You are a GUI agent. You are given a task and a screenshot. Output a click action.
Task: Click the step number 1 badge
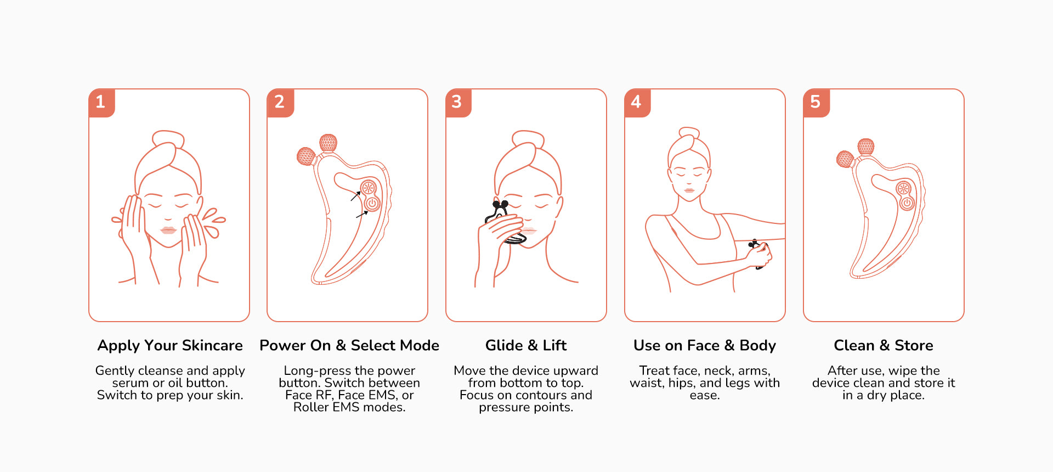[101, 103]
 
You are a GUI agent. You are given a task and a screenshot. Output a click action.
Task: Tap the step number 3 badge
[458, 103]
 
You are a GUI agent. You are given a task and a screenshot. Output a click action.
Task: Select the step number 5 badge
[816, 103]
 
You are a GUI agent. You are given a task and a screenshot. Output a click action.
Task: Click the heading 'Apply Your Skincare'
[170, 345]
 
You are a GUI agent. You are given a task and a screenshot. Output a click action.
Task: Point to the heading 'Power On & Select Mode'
[349, 345]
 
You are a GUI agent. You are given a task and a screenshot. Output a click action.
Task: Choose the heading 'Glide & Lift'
[526, 345]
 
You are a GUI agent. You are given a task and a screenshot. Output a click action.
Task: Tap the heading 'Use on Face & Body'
[705, 345]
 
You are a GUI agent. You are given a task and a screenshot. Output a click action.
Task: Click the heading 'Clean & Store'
[884, 345]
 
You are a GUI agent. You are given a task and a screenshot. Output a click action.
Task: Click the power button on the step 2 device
[372, 204]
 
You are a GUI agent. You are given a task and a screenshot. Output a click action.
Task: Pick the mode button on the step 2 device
[369, 188]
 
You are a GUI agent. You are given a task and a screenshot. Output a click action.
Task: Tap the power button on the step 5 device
[907, 204]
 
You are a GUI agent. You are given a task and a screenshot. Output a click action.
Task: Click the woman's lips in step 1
[168, 229]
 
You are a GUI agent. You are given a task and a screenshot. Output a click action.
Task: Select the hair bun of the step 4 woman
[689, 132]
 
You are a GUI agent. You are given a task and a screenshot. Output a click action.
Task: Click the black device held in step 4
[758, 254]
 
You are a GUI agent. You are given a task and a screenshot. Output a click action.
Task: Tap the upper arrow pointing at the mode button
[356, 196]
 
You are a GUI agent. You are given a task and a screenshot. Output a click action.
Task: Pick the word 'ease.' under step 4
[705, 395]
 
